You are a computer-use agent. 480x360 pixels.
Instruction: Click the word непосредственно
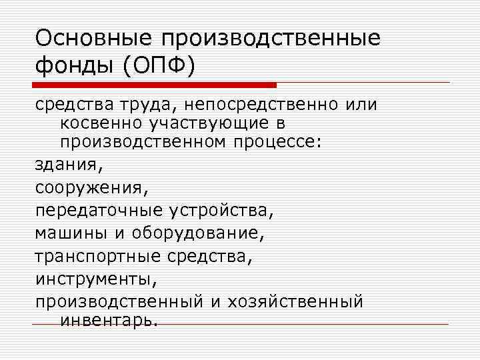267,105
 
